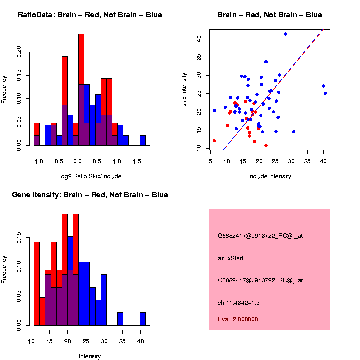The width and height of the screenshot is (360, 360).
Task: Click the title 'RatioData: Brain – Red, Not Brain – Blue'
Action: (90, 15)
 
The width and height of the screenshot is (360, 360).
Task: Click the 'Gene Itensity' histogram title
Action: (90, 195)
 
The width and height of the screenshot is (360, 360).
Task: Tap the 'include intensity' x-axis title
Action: (270, 176)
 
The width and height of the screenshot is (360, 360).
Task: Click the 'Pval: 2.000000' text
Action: (238, 319)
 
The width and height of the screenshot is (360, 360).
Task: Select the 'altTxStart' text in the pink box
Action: (231, 258)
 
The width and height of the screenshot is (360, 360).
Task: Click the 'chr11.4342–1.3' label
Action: (239, 303)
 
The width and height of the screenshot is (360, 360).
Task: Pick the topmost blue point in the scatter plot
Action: (285, 34)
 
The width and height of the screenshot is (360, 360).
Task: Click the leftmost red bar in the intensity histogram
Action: (36, 283)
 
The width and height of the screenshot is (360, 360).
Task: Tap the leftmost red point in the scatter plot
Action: (214, 141)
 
